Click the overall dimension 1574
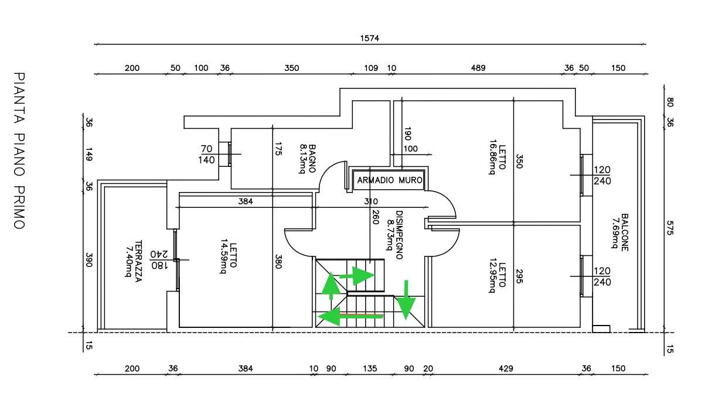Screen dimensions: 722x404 pos(369,38)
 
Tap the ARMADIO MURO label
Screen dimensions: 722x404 pos(390,180)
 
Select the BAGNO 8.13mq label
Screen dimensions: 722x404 pos(307,159)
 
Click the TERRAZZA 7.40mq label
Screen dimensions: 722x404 pos(134,261)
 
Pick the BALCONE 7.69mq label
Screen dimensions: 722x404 pos(619,232)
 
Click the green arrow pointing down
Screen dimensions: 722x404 pos(406,300)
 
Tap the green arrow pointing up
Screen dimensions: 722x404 pos(331,286)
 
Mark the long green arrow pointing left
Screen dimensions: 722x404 pos(350,316)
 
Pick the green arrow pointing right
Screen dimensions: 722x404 pos(357,276)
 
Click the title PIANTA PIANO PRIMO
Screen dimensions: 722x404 pos(19,150)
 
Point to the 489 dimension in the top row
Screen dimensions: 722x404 pos(478,68)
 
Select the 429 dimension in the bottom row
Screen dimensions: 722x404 pos(506,368)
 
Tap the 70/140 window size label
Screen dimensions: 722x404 pos(207,154)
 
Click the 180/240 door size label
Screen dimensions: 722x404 pos(159,260)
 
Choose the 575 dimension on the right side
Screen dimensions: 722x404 pos(670,228)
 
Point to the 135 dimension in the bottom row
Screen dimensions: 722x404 pos(370,368)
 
